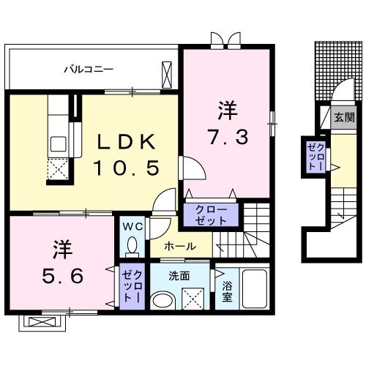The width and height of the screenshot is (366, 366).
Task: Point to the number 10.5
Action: click(x=125, y=168)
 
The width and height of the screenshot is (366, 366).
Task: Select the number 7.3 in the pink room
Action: click(x=226, y=135)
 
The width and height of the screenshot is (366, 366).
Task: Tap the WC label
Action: click(x=132, y=225)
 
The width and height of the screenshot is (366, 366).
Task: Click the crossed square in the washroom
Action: click(x=193, y=299)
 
